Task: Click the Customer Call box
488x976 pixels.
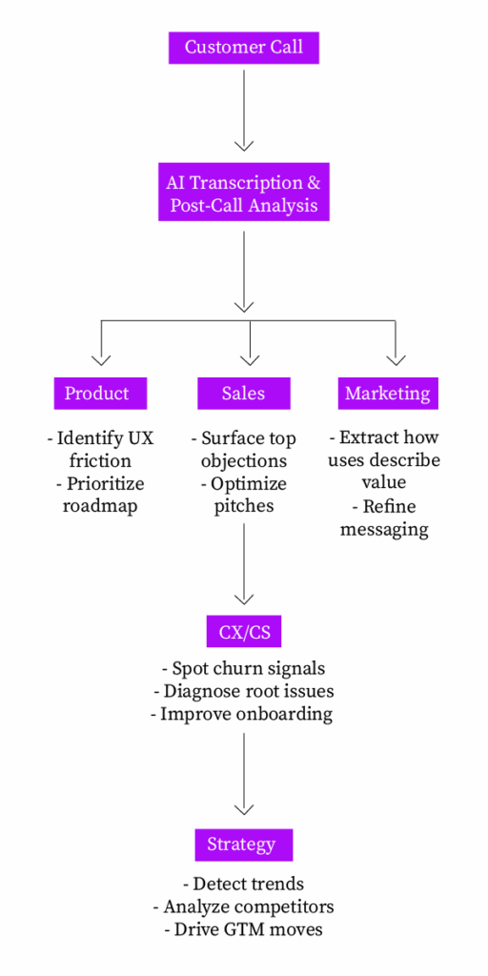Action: click(x=244, y=47)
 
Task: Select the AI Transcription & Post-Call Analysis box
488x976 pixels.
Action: click(x=244, y=192)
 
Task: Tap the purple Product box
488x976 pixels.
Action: click(x=96, y=393)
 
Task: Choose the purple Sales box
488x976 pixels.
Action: click(x=243, y=393)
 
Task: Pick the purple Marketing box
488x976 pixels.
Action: click(x=387, y=393)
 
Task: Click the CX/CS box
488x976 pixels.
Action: click(x=244, y=631)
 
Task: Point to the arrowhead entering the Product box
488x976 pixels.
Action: click(x=101, y=359)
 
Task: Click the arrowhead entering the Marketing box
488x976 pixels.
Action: click(x=396, y=359)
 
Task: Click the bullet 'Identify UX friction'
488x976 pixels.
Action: click(x=100, y=449)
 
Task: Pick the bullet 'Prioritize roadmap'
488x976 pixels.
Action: click(x=100, y=495)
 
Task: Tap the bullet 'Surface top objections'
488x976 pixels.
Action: click(x=244, y=449)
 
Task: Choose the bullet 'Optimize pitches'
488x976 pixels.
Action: click(x=244, y=495)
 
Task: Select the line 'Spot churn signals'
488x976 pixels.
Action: click(x=243, y=668)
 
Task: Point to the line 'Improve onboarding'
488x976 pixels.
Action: click(x=243, y=714)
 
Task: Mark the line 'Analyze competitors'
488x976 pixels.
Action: click(x=243, y=905)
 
